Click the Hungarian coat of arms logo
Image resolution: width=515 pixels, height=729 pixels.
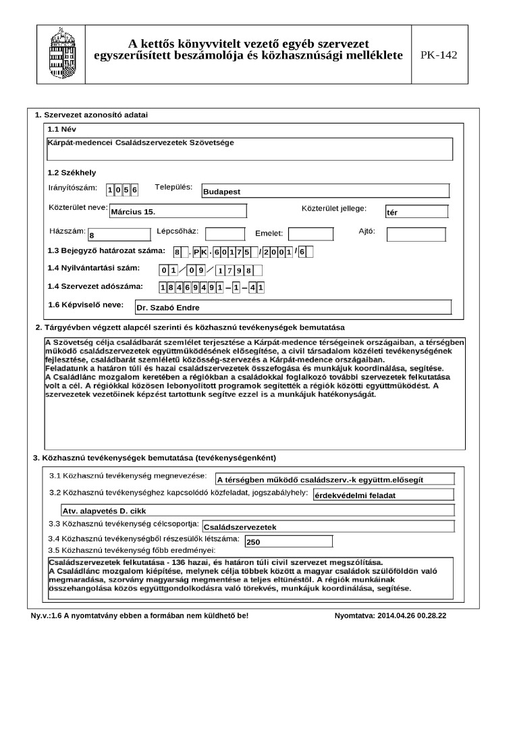tap(61, 55)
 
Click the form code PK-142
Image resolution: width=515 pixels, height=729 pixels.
tap(439, 55)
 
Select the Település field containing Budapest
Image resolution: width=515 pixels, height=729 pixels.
tap(325, 191)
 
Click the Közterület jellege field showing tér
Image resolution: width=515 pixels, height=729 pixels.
tap(416, 212)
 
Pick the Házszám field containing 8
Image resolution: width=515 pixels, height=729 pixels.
tap(119, 235)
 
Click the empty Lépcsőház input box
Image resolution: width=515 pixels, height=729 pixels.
tap(225, 234)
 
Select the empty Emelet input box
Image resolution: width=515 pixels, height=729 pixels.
tap(311, 234)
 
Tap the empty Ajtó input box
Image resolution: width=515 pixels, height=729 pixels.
tap(416, 234)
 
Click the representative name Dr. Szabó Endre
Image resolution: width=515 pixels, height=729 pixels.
tap(292, 307)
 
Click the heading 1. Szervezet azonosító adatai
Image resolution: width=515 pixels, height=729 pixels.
tap(91, 115)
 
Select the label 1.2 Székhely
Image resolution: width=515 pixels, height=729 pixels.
tap(72, 173)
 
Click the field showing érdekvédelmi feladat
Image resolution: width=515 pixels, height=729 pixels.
tap(383, 495)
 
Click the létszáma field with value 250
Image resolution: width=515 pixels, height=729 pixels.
tap(288, 541)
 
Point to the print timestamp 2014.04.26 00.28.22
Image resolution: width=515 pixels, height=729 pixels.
tap(390, 616)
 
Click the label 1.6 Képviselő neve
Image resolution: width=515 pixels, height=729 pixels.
tap(86, 305)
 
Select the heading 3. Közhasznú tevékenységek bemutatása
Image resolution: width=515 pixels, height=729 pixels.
tap(155, 458)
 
